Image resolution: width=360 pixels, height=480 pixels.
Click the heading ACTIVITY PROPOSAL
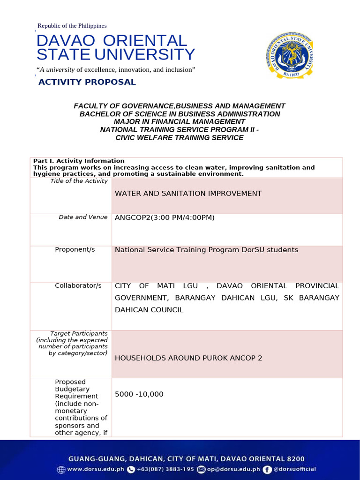pos(87,82)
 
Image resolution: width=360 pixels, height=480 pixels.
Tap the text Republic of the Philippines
pos(72,26)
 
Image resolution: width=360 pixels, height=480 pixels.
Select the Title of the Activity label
pos(79,181)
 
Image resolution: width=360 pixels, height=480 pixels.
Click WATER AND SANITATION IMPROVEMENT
pos(188,193)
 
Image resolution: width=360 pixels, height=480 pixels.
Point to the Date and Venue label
pos(83,217)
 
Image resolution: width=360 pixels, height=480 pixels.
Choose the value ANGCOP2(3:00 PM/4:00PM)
pos(165,217)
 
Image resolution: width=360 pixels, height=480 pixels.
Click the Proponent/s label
pos(75,249)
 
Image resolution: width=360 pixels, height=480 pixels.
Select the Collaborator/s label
pos(78,285)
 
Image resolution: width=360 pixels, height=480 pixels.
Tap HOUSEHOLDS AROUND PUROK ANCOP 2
pos(188,358)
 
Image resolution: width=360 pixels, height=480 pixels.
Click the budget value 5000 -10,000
pos(139,394)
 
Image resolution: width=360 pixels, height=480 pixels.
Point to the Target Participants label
pos(79,333)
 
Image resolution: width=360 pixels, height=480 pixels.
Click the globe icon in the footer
pos(61,469)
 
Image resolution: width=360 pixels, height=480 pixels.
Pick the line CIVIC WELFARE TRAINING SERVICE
pos(180,138)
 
